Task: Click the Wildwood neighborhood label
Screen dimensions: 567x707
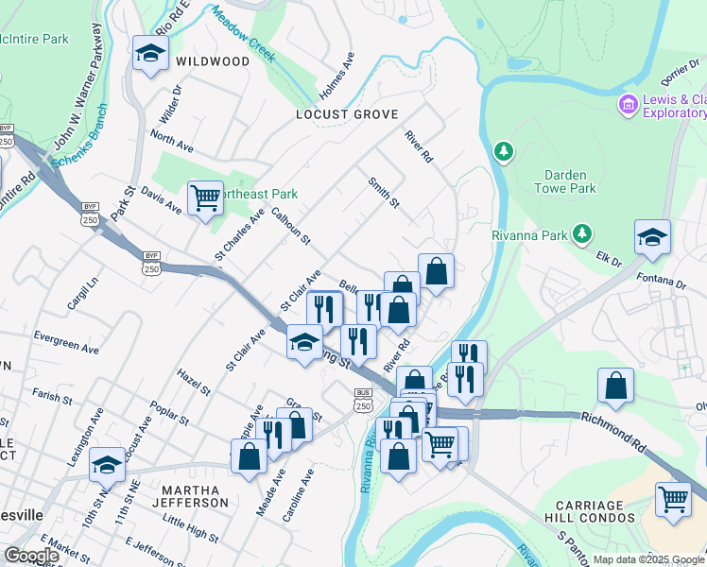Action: point(213,61)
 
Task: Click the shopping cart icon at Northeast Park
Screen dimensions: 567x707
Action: point(205,198)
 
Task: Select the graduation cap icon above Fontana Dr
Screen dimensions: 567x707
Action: point(652,238)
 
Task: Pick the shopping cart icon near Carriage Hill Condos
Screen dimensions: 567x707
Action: point(673,498)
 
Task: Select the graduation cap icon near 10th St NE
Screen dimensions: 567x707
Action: point(107,466)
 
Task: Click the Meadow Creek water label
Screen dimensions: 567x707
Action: point(244,35)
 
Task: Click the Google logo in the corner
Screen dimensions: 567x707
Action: point(31,556)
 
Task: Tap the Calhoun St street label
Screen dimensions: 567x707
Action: point(291,227)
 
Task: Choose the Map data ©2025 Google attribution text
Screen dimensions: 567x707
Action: point(648,559)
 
